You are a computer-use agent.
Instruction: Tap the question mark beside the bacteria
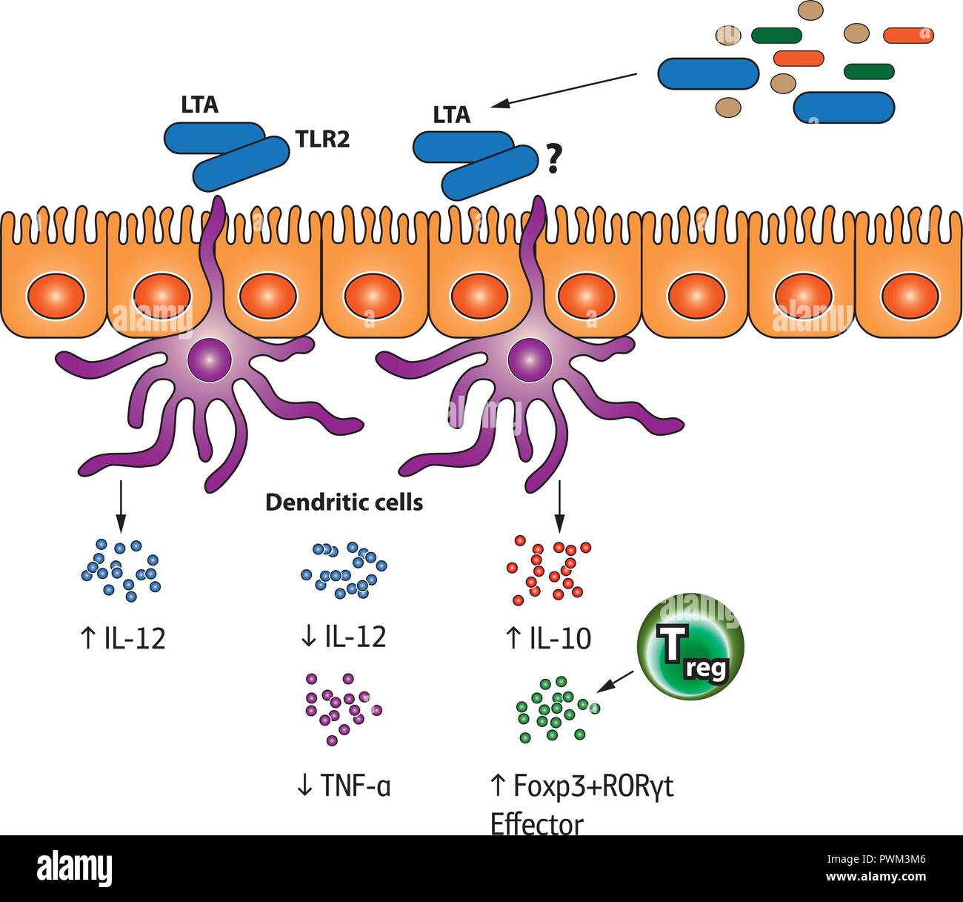[551, 159]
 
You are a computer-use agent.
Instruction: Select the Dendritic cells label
[344, 503]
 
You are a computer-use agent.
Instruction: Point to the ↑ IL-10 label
[549, 637]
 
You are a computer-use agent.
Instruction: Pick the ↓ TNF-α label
[343, 786]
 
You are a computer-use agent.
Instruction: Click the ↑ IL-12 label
[122, 637]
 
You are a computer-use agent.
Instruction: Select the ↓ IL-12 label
[343, 636]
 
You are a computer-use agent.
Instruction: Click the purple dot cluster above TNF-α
[343, 708]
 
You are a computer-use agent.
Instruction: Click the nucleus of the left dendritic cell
[209, 359]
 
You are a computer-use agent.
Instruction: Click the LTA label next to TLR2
[200, 105]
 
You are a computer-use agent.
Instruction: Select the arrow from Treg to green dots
[616, 681]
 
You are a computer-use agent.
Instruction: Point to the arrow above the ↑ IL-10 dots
[559, 508]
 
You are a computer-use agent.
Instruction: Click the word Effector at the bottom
[537, 823]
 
